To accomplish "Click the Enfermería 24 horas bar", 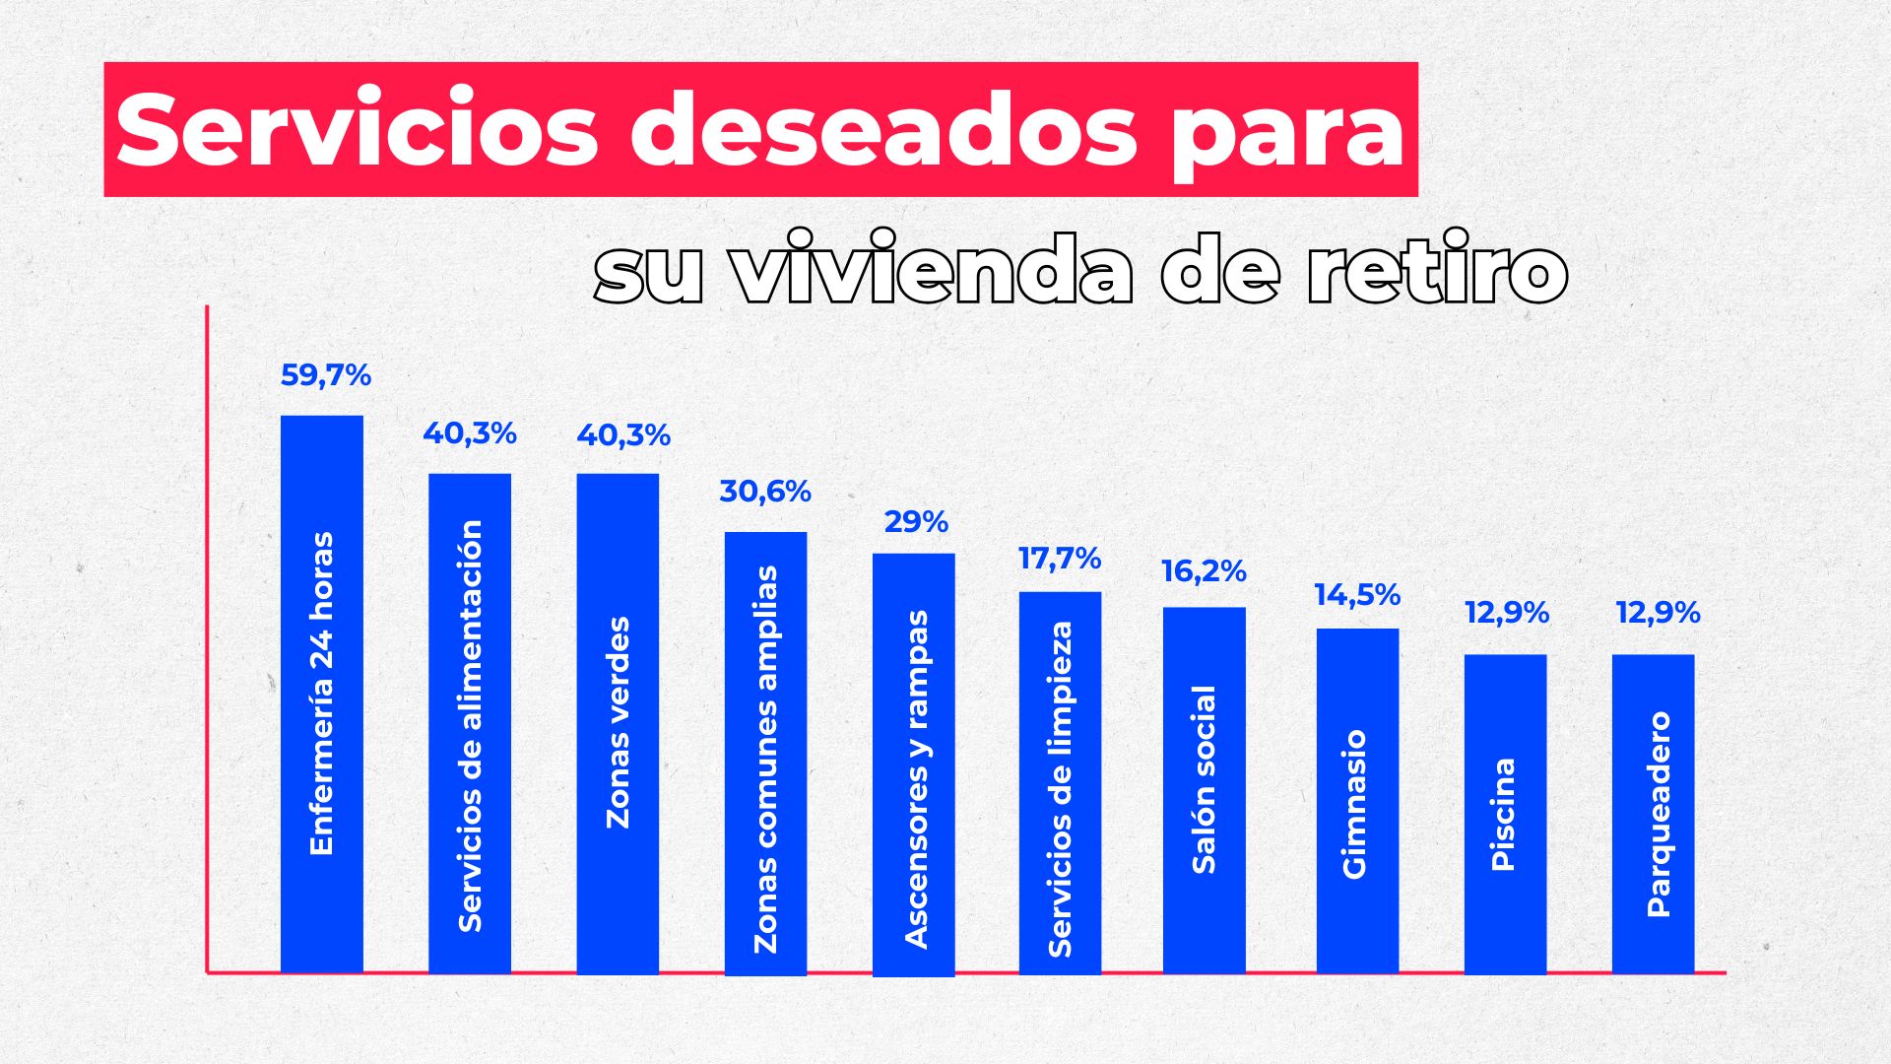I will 321,694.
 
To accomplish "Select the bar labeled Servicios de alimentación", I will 470,723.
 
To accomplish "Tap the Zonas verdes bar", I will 618,723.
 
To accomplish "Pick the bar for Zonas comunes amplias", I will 765,753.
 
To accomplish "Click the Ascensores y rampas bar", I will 913,764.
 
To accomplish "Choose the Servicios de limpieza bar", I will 1060,782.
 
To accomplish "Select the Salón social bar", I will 1204,790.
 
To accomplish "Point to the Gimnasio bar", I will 1357,801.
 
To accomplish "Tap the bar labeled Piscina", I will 1505,814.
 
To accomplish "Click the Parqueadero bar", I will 1653,814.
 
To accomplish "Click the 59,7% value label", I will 325,375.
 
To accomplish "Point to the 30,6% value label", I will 765,492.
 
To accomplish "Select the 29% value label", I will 916,522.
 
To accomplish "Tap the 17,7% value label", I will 1060,559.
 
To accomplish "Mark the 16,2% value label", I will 1204,571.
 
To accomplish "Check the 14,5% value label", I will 1357,595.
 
